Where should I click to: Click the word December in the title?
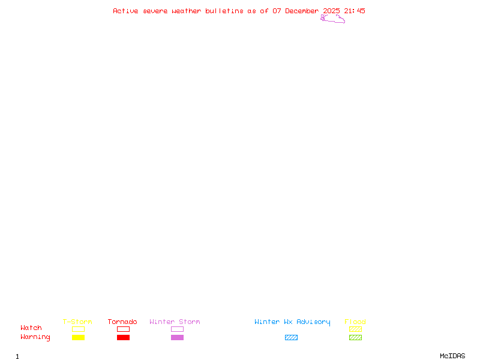[302, 11]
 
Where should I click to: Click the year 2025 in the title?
[332, 11]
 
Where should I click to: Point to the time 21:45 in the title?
[355, 11]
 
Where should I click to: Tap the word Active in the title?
[125, 11]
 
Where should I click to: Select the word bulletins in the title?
[224, 11]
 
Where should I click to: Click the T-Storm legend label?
[77, 322]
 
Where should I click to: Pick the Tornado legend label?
[122, 322]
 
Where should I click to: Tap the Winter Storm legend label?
[175, 322]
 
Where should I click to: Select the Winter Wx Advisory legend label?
[292, 322]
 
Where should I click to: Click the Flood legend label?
[355, 322]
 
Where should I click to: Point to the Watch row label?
[31, 328]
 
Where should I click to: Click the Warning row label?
[35, 337]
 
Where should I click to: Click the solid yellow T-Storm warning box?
[79, 337]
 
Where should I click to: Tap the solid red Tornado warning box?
[124, 337]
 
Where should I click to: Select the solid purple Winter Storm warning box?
[177, 337]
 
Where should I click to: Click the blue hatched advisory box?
[291, 337]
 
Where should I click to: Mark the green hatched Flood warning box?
[355, 337]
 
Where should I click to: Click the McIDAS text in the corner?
[452, 356]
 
